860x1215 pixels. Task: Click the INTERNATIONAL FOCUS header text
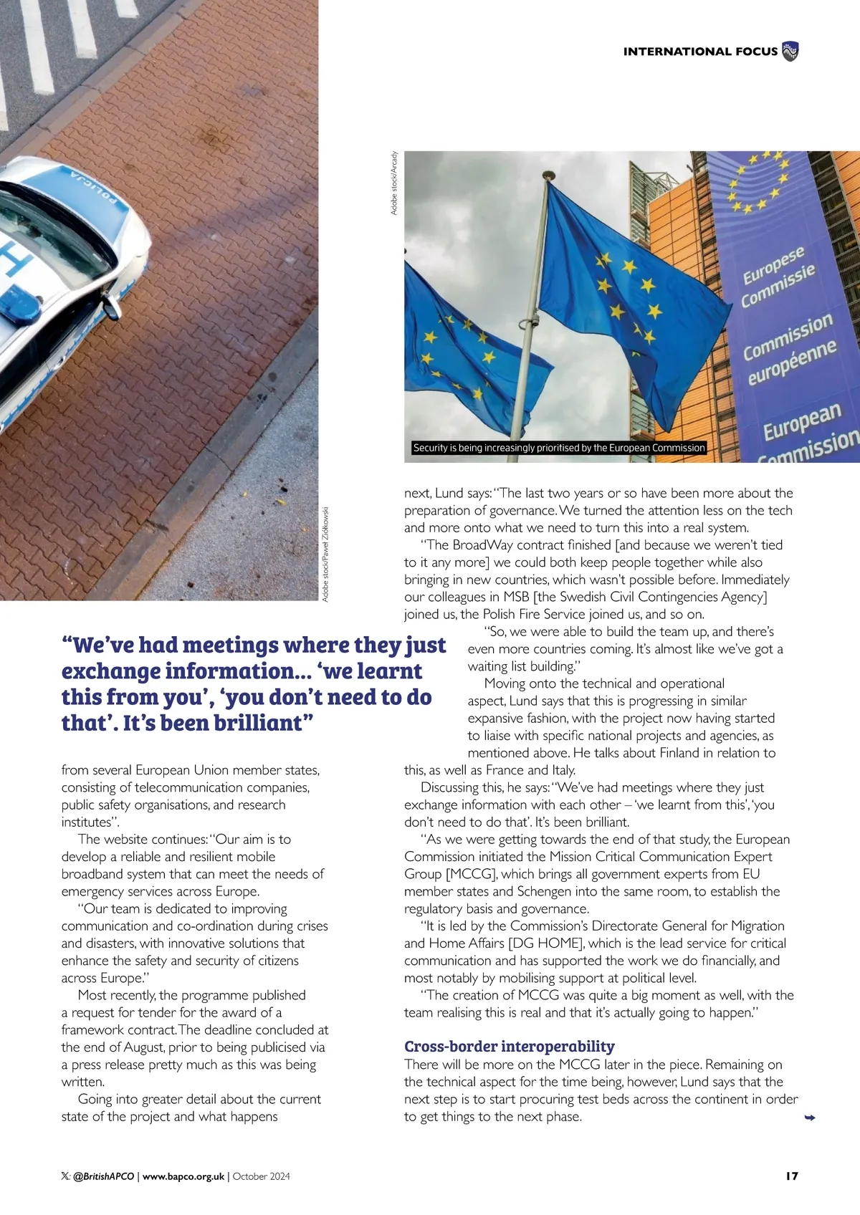coord(699,52)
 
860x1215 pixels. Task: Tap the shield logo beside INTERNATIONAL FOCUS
coord(790,52)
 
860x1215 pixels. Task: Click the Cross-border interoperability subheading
coord(510,1046)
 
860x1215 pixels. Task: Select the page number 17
coord(791,1176)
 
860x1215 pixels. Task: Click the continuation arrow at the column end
coord(810,1118)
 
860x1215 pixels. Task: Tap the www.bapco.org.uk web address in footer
coord(183,1176)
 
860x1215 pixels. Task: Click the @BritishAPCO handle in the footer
coord(103,1176)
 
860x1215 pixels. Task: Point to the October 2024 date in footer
coord(262,1176)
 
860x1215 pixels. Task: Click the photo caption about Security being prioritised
coord(559,448)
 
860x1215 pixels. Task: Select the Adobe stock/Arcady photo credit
coord(394,183)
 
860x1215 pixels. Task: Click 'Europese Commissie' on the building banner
coord(777,277)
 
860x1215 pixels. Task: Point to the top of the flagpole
coord(548,175)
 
